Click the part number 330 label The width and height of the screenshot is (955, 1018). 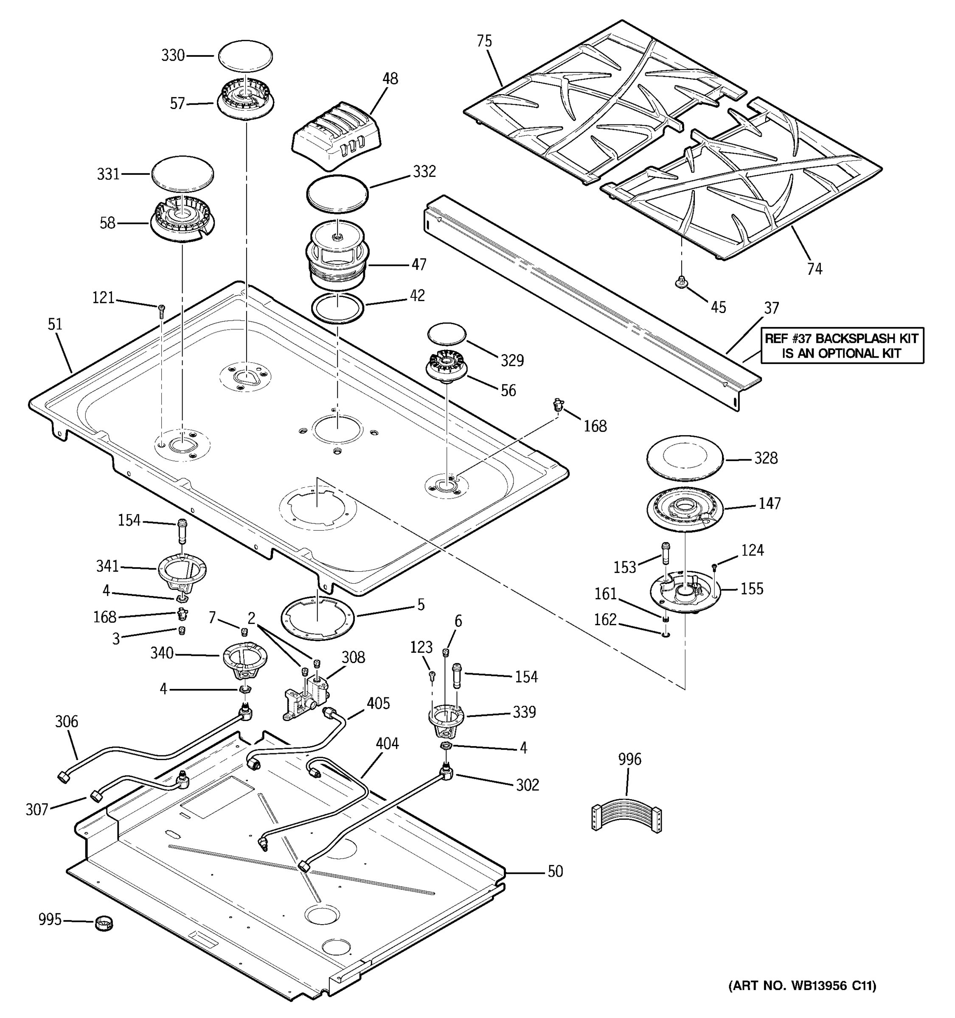point(173,55)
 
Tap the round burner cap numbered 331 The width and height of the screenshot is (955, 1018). point(183,175)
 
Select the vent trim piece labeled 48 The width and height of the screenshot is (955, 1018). point(337,135)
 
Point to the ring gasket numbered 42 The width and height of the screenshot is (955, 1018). point(337,308)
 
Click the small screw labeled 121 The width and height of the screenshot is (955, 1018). point(162,308)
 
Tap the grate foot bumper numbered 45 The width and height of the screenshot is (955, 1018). point(681,282)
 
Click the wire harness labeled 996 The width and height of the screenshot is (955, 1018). point(626,814)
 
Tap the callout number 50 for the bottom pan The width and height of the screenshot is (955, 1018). point(555,871)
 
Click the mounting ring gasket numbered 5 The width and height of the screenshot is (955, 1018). point(317,618)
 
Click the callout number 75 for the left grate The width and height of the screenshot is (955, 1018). point(483,41)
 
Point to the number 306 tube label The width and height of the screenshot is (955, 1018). point(67,722)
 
